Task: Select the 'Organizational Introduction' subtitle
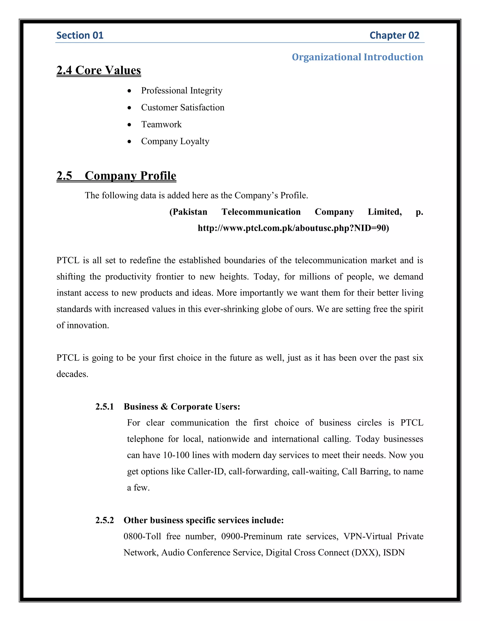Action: click(357, 57)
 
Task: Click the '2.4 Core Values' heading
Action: click(99, 70)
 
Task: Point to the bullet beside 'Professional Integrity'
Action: click(130, 91)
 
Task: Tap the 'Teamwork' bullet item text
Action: click(161, 124)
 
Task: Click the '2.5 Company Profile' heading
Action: click(116, 176)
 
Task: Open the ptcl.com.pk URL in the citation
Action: click(293, 228)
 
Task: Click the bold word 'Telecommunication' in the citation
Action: click(261, 212)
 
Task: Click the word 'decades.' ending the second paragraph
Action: click(72, 374)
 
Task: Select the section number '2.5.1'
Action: click(105, 407)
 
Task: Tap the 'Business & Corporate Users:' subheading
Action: click(182, 407)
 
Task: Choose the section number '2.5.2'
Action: click(105, 520)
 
